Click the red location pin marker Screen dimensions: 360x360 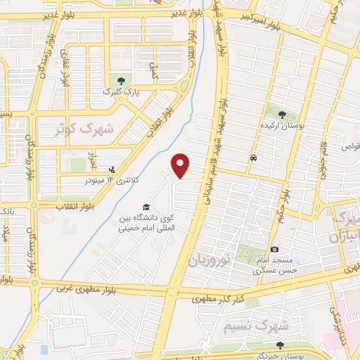coord(181,165)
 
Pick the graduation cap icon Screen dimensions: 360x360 coord(146,207)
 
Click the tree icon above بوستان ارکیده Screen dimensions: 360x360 coord(281,113)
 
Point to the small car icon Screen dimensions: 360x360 coord(252,158)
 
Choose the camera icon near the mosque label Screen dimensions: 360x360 coord(274,250)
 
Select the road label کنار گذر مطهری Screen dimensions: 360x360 coord(219,300)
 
